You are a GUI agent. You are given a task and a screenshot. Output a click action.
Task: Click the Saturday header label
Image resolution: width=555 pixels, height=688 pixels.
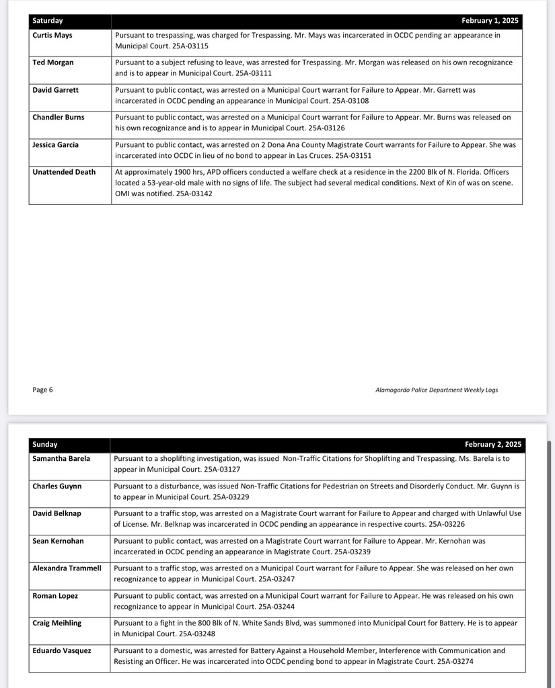click(x=48, y=21)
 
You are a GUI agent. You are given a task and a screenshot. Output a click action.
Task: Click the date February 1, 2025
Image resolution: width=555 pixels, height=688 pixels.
click(x=490, y=21)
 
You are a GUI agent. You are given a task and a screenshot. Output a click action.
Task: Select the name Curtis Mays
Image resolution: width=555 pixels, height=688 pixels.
click(x=52, y=35)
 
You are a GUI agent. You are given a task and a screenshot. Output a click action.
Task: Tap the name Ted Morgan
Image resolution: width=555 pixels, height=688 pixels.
click(x=53, y=62)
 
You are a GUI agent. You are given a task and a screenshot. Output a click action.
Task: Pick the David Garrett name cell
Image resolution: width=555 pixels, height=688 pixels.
click(x=55, y=89)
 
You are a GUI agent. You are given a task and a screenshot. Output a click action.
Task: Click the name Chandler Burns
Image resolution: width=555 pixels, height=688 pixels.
click(x=59, y=117)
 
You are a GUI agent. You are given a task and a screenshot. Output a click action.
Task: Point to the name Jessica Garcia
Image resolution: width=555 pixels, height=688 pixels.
click(x=55, y=144)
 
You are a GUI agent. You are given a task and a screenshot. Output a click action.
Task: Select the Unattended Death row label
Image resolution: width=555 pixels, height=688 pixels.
click(x=64, y=172)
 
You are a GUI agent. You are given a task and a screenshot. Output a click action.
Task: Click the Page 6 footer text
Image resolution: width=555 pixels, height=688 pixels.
click(x=42, y=390)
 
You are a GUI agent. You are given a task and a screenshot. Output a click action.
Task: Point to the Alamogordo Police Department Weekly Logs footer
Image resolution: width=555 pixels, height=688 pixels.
click(x=437, y=390)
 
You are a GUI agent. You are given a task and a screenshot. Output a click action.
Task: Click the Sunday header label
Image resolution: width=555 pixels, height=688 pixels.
click(x=45, y=444)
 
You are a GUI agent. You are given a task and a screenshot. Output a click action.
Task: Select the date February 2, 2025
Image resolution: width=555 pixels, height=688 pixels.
click(x=492, y=444)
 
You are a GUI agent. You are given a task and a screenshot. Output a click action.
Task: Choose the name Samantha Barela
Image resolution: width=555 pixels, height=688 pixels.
click(x=61, y=458)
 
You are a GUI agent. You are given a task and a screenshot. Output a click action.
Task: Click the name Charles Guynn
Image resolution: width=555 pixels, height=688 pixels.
click(x=57, y=486)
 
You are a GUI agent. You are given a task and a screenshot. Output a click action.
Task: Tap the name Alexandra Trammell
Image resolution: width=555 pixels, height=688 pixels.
click(x=67, y=568)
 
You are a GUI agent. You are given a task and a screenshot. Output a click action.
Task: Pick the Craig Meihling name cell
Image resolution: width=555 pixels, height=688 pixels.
click(x=57, y=623)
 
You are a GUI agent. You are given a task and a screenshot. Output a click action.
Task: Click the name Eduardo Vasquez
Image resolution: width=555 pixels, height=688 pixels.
click(x=61, y=650)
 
